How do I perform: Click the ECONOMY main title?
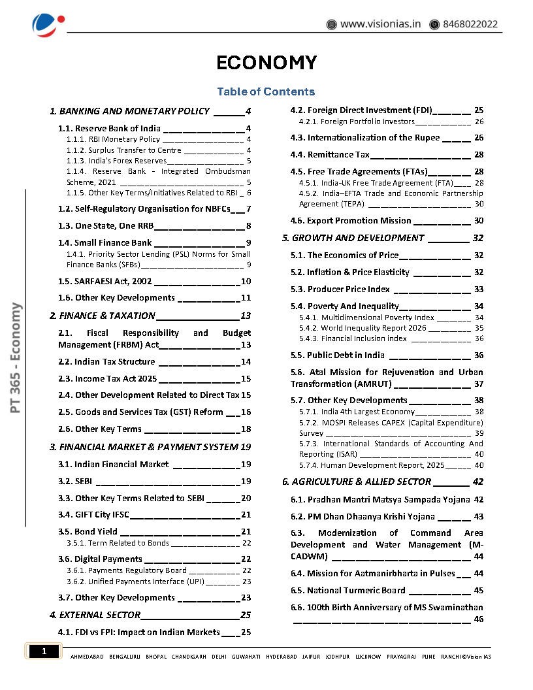266,63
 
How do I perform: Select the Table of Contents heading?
266,91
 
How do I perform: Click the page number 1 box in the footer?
44,651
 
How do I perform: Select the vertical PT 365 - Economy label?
16,357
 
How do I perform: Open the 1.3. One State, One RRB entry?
114,226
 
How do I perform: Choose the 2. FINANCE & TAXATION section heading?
103,316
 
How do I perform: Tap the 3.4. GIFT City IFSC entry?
102,515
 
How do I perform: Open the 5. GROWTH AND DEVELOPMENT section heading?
353,238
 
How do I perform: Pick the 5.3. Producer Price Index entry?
340,289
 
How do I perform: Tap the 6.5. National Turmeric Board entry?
348,591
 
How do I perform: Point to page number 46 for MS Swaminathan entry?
478,619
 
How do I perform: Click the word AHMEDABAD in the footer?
86,657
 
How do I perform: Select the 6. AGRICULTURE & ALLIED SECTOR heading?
357,482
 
